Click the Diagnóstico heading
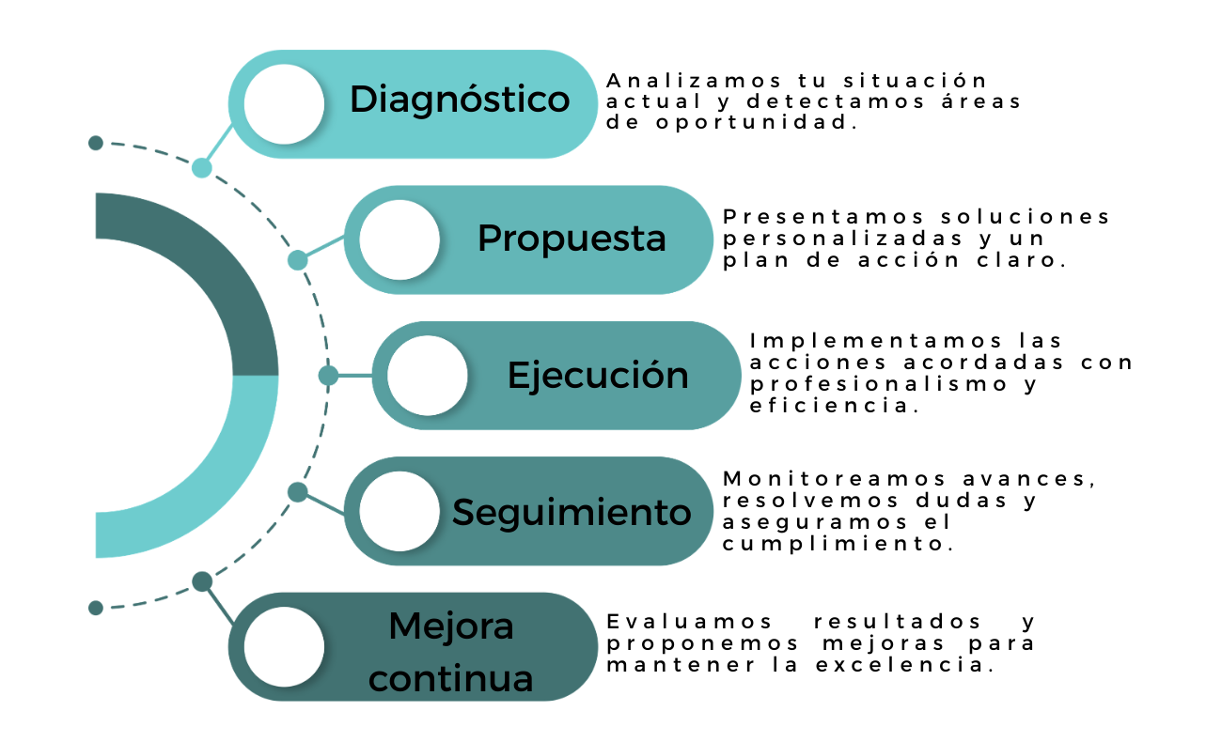[460, 100]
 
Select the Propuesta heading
[572, 238]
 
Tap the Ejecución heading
[598, 375]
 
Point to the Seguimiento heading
[572, 512]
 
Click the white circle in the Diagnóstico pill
[284, 103]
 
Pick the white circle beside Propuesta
[399, 240]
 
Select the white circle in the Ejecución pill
[428, 376]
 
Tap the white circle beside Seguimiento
[399, 512]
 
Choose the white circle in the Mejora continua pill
[284, 647]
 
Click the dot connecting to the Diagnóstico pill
[201, 168]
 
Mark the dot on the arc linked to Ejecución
[328, 376]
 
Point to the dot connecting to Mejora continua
[202, 581]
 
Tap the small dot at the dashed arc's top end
[95, 143]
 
